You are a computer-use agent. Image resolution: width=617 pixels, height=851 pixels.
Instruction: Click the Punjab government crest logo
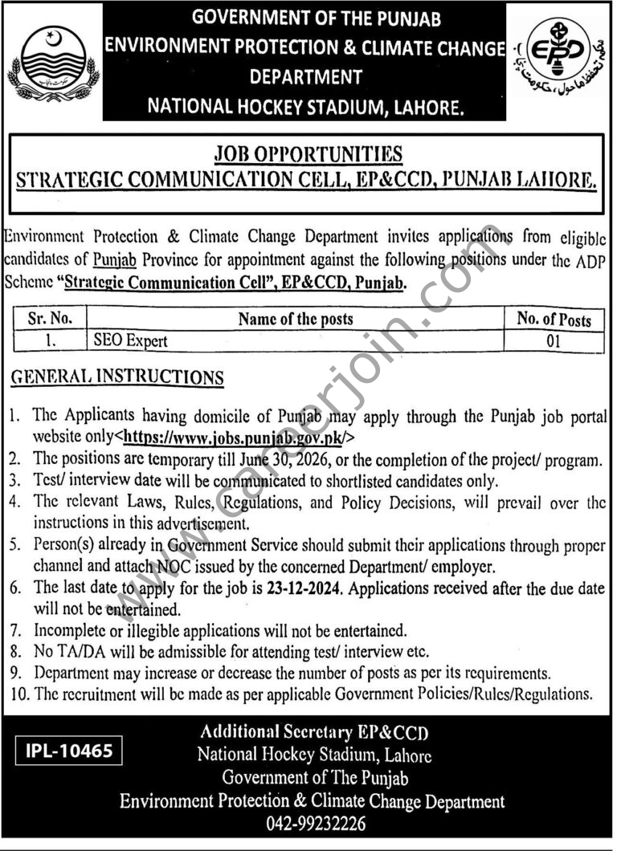(53, 63)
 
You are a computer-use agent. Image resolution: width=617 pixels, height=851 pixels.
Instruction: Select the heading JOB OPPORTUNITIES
(307, 153)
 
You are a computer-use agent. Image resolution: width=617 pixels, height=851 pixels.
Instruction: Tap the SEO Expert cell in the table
(129, 340)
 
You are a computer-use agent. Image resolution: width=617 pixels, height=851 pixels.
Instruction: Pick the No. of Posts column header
(554, 319)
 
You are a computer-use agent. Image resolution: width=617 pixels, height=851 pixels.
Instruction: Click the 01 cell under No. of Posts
(554, 340)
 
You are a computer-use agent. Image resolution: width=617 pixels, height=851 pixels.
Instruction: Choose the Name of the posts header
(296, 319)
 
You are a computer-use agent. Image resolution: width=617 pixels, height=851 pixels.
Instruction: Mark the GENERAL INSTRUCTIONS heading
(116, 377)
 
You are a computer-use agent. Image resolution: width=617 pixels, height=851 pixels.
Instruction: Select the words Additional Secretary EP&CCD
(313, 732)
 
